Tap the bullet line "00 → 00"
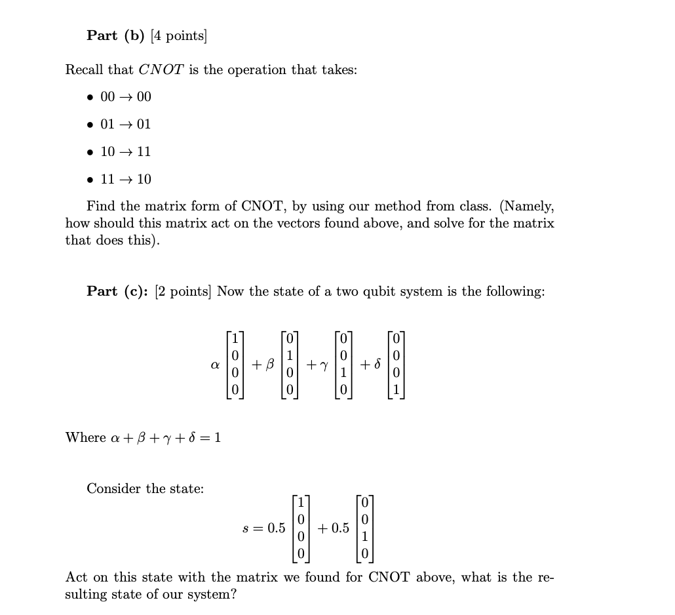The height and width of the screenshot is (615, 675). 125,97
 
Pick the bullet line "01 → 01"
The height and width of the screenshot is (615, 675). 125,124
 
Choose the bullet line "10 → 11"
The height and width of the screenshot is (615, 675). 125,151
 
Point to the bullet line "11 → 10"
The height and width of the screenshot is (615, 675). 125,179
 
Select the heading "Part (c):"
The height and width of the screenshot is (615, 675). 118,291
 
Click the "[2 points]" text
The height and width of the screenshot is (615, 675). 184,291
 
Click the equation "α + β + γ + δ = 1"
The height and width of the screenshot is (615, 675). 143,437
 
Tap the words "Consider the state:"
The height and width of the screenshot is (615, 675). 145,488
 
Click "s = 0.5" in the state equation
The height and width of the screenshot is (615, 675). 264,528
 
